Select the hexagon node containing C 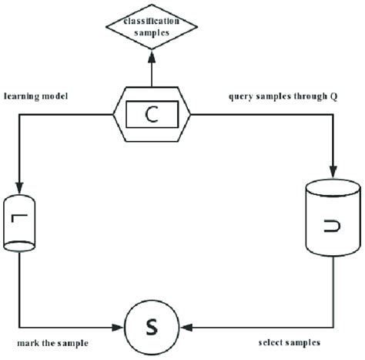click(x=152, y=115)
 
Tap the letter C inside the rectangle click(x=152, y=116)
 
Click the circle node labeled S click(x=152, y=328)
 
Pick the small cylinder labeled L click(x=24, y=224)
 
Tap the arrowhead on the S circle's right click(x=182, y=328)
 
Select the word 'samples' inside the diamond click(x=152, y=34)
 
